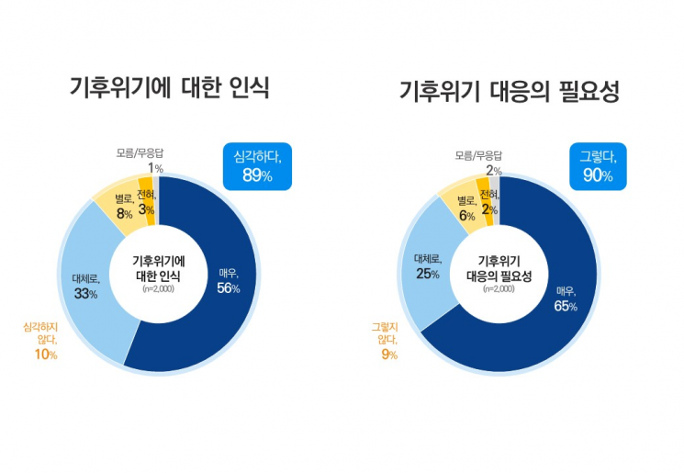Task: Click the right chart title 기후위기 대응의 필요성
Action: coord(510,92)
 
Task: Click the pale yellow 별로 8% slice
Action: coord(122,206)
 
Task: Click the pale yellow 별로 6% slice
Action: coord(465,208)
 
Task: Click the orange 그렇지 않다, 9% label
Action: coord(385,340)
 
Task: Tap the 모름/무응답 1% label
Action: coord(141,160)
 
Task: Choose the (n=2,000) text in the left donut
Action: coord(158,288)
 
